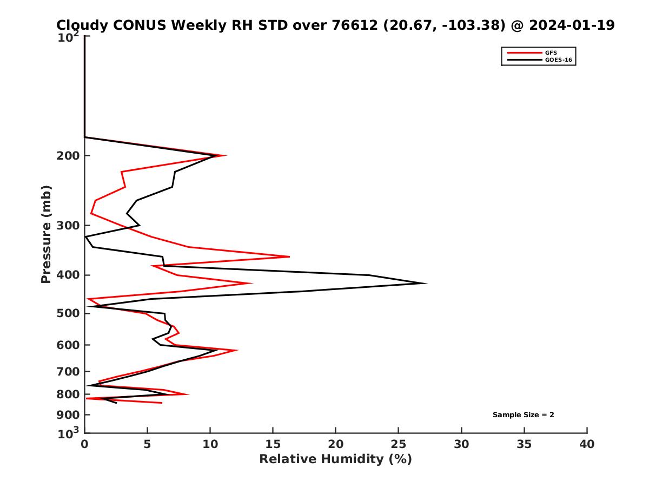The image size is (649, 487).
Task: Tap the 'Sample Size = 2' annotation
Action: [x=523, y=415]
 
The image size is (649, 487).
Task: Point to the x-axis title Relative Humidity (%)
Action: [x=335, y=459]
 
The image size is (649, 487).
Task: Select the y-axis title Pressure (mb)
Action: [x=46, y=234]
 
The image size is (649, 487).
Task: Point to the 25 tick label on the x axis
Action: [x=399, y=444]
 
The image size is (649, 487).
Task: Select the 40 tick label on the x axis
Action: [x=587, y=444]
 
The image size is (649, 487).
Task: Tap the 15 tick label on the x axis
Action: [x=273, y=444]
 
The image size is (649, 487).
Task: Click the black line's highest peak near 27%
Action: [x=427, y=283]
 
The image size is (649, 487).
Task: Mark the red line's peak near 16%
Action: [x=289, y=256]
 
